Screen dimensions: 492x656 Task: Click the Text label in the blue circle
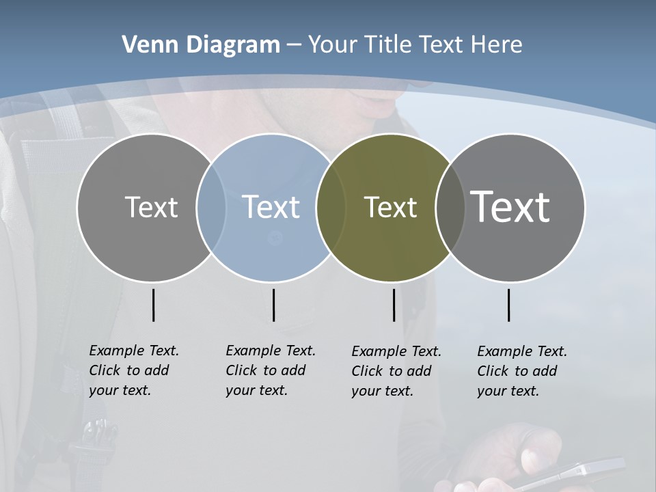[x=271, y=207]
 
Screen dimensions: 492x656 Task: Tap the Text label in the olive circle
[x=390, y=207]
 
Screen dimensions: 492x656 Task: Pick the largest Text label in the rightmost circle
[x=510, y=207]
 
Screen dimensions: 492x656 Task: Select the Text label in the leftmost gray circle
[x=151, y=207]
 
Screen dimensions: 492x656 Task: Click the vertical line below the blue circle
[x=273, y=305]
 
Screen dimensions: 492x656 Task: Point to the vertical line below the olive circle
[x=394, y=305]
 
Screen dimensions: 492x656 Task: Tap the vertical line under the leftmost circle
[x=153, y=305]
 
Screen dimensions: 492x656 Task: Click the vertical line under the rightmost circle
[x=508, y=305]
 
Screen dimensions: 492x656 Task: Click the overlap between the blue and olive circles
[x=331, y=207]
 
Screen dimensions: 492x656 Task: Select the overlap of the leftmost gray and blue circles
[x=210, y=207]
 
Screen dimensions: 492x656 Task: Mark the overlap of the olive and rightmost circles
[x=450, y=207]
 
